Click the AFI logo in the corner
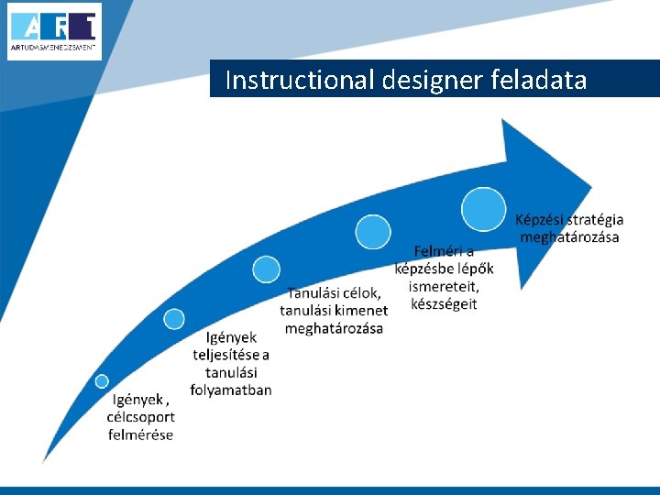54,31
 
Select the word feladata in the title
539,81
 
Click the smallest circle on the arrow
102,381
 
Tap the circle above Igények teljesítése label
174,319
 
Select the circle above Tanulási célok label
267,269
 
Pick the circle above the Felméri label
373,232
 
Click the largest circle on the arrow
483,208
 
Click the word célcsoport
140,417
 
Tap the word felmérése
140,434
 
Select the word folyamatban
231,390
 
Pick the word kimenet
362,311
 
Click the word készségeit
444,304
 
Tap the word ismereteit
444,286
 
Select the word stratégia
592,220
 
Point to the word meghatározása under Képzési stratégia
569,237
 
